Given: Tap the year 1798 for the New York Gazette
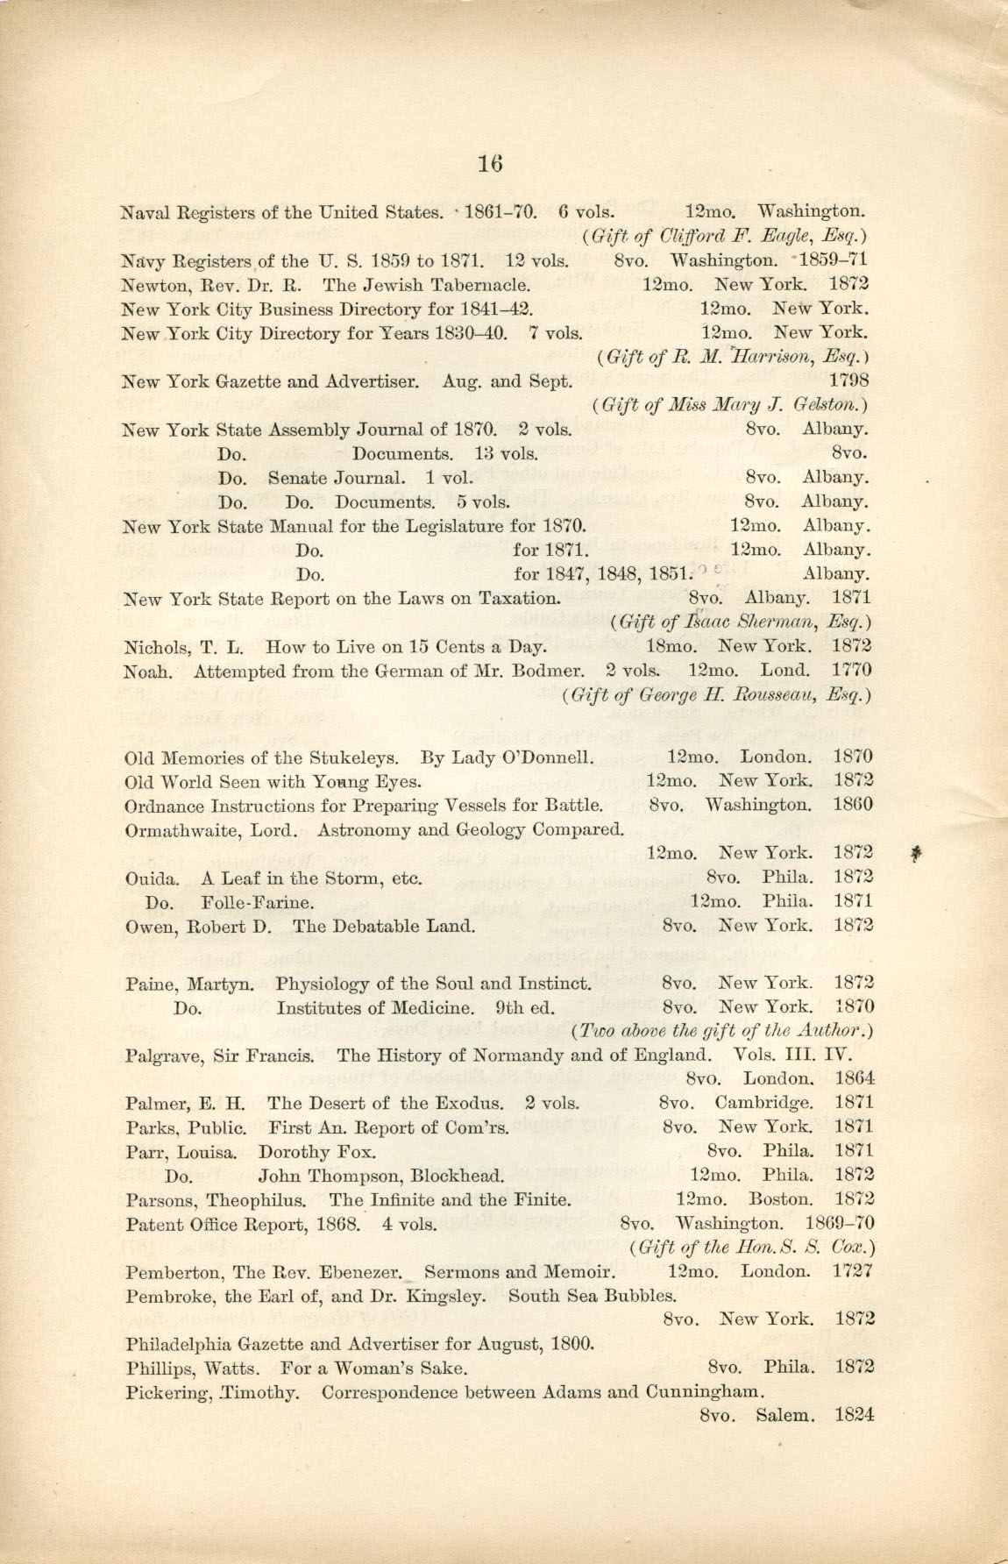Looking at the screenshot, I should [848, 380].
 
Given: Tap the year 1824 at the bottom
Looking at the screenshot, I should [855, 1414].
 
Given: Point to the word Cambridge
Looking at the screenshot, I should [763, 1103].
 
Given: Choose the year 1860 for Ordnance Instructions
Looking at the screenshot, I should [853, 804].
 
